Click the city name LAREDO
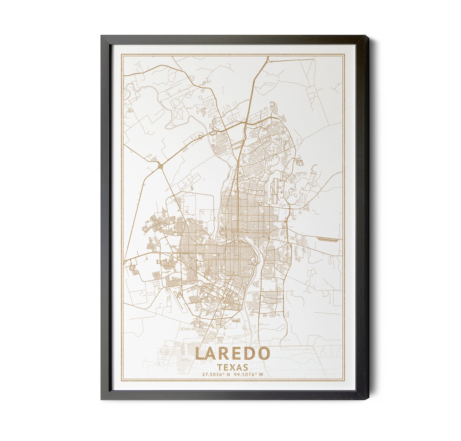(x=233, y=354)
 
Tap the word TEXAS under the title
(x=233, y=367)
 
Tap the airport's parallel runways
(x=274, y=192)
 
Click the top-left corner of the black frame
(x=102, y=36)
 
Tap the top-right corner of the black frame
(x=368, y=36)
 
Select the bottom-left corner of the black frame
(x=102, y=399)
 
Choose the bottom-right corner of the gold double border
(x=344, y=380)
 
